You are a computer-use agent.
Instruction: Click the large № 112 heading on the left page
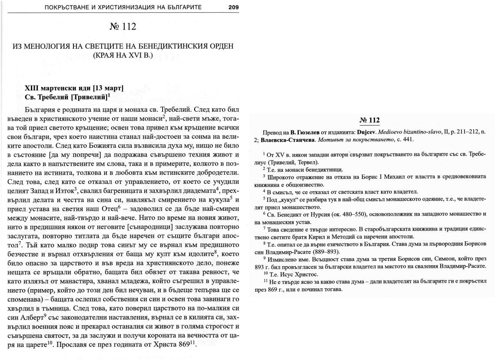click(123, 27)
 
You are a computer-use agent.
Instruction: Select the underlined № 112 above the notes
click(370, 120)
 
